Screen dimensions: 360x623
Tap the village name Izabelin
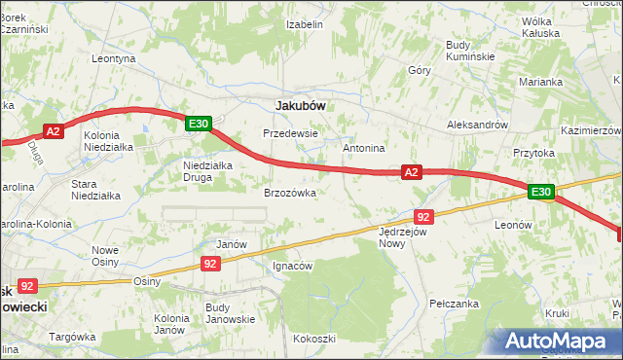pyautogui.click(x=304, y=24)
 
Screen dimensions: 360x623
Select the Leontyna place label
pyautogui.click(x=113, y=58)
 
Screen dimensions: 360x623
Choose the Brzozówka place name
pyautogui.click(x=290, y=193)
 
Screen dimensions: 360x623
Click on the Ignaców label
pyautogui.click(x=292, y=266)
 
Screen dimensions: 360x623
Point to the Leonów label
pyautogui.click(x=513, y=225)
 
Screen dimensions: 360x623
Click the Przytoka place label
pyautogui.click(x=533, y=153)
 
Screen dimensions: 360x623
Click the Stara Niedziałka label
pyautogui.click(x=95, y=189)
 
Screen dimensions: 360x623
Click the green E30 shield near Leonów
pyautogui.click(x=541, y=193)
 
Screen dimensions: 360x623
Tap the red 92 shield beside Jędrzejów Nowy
pyautogui.click(x=422, y=216)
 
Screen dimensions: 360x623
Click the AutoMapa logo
pyautogui.click(x=556, y=341)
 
